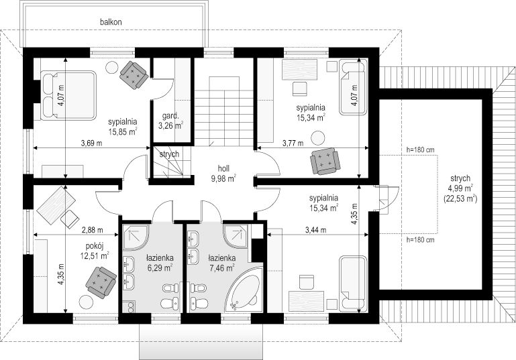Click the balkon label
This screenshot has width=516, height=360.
tap(111, 22)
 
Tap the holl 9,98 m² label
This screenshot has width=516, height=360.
tap(223, 174)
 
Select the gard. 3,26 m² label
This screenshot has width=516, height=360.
tap(170, 121)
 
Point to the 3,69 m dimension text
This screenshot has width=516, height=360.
tap(91, 143)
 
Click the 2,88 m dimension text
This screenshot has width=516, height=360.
tap(92, 230)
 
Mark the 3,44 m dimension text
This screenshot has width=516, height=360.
tap(316, 230)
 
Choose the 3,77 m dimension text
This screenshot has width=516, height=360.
tap(293, 143)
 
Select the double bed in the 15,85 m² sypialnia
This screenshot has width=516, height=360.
tap(68, 95)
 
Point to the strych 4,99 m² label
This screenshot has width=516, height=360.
tap(460, 188)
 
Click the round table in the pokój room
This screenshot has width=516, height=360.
tap(86, 302)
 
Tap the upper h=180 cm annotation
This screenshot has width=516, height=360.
tap(420, 149)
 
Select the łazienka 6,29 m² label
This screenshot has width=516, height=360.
tap(160, 263)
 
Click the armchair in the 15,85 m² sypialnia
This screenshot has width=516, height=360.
tap(134, 75)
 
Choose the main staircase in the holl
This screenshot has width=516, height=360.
tap(224, 111)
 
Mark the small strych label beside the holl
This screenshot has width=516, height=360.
tap(169, 154)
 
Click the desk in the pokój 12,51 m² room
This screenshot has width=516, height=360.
tap(56, 205)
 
